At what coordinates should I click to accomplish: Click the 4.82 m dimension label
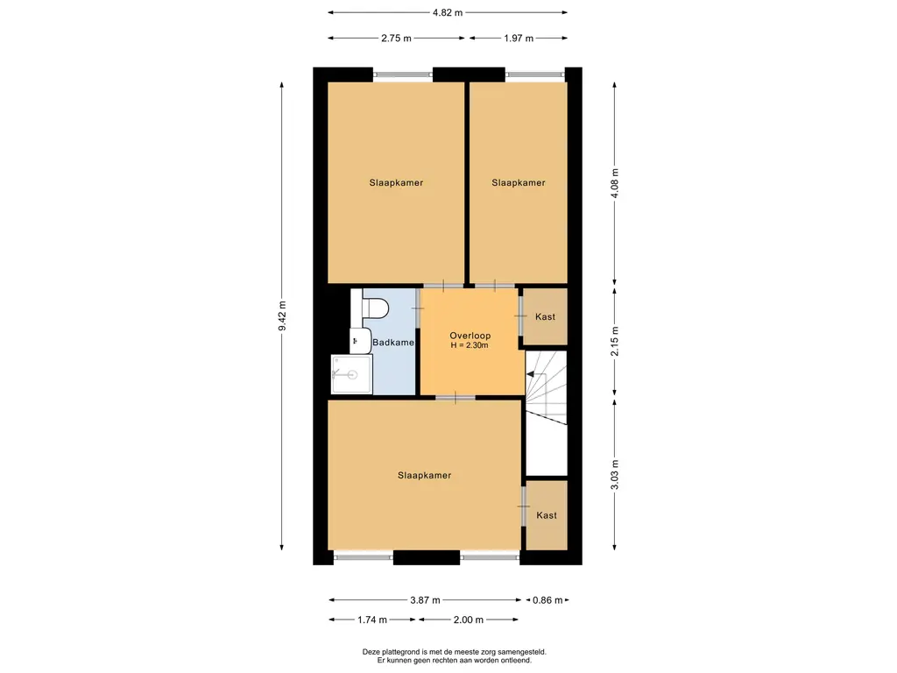(x=448, y=12)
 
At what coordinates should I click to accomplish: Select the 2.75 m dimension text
(x=396, y=39)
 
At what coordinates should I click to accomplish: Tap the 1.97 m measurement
(x=519, y=39)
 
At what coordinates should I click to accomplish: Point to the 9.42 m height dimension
(x=282, y=315)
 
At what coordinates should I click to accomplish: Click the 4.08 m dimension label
(x=615, y=183)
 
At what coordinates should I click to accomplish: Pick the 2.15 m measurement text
(x=615, y=341)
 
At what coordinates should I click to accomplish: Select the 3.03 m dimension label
(x=615, y=475)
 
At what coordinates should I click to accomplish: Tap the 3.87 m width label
(x=425, y=600)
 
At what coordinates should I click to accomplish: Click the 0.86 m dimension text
(x=547, y=600)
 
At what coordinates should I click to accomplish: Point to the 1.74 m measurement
(x=372, y=620)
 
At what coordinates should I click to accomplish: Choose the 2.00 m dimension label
(x=469, y=620)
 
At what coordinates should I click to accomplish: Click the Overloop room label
(x=470, y=336)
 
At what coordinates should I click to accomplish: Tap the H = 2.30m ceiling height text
(x=470, y=345)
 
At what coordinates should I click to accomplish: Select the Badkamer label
(x=393, y=343)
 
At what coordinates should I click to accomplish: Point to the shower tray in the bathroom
(x=352, y=374)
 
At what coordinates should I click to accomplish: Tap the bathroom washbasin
(x=360, y=341)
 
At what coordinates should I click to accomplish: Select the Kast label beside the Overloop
(x=545, y=316)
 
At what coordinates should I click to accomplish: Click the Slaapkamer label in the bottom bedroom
(x=425, y=475)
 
